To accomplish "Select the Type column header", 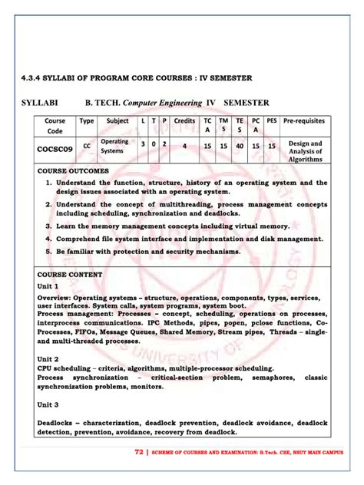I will [87, 120].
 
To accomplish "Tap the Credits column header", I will [184, 120].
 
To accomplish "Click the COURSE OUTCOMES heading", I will [73, 170].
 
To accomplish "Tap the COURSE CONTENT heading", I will [68, 273].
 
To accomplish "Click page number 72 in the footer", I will [138, 452].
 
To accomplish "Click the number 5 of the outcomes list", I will [48, 250].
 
